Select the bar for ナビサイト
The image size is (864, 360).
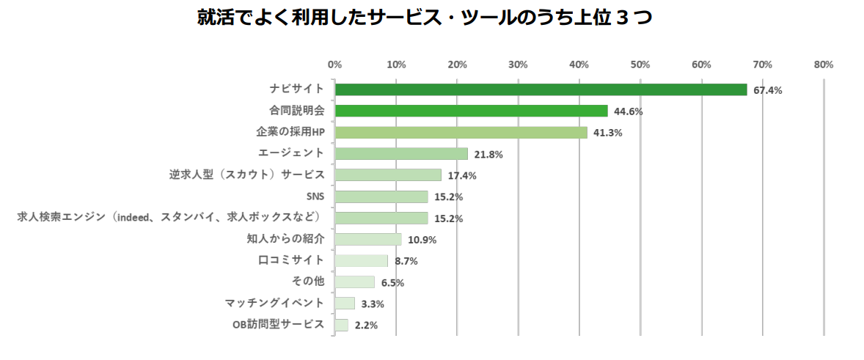(541, 89)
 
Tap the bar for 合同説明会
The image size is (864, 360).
(471, 111)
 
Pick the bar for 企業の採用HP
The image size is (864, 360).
(461, 133)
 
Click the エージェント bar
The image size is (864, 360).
(401, 154)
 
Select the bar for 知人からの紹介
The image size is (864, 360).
(368, 239)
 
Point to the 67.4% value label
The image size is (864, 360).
(768, 91)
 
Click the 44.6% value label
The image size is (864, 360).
(629, 112)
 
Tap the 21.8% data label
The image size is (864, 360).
(488, 155)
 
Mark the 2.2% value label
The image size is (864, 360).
(365, 326)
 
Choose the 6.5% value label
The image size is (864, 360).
(392, 283)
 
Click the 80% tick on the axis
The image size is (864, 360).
(824, 65)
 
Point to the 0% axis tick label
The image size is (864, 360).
(334, 65)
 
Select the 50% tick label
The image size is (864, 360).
(640, 65)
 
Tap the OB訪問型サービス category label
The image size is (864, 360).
(278, 324)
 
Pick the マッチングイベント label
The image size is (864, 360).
(274, 302)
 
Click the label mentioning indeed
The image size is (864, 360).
(169, 217)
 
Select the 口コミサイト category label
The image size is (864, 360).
(291, 260)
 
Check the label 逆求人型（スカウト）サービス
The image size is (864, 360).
(246, 175)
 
